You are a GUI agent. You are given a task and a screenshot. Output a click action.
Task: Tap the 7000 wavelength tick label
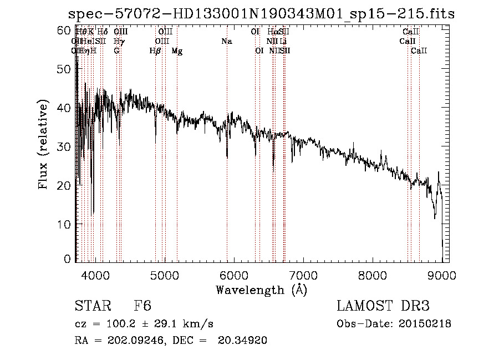303,275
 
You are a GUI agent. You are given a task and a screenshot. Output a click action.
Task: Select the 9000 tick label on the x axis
442,275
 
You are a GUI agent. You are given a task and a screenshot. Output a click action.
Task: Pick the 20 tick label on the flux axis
65,185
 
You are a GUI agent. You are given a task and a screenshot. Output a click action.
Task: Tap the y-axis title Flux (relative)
44,146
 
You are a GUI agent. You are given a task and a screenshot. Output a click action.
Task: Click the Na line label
226,42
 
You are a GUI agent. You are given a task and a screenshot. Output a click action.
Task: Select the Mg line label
177,51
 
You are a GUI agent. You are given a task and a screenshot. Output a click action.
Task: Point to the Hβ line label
155,51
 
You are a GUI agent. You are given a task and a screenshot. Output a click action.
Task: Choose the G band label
116,51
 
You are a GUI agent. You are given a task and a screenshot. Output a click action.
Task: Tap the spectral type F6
142,307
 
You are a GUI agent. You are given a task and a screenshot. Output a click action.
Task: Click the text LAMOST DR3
383,307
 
